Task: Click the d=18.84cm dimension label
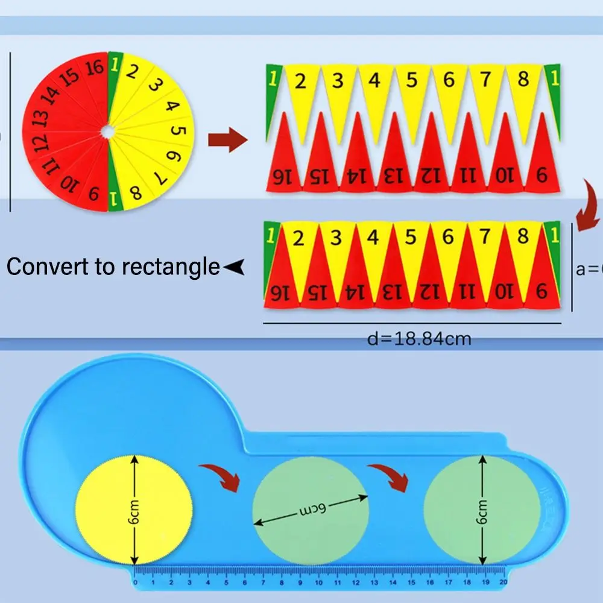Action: click(418, 339)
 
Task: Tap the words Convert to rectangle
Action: click(113, 266)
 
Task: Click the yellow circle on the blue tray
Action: click(133, 508)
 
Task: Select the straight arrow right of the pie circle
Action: click(227, 140)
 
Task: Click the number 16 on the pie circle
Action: click(94, 67)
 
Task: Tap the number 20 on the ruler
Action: click(504, 582)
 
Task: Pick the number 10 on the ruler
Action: click(319, 582)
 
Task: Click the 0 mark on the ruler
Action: click(135, 582)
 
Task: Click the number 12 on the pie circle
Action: click(40, 142)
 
